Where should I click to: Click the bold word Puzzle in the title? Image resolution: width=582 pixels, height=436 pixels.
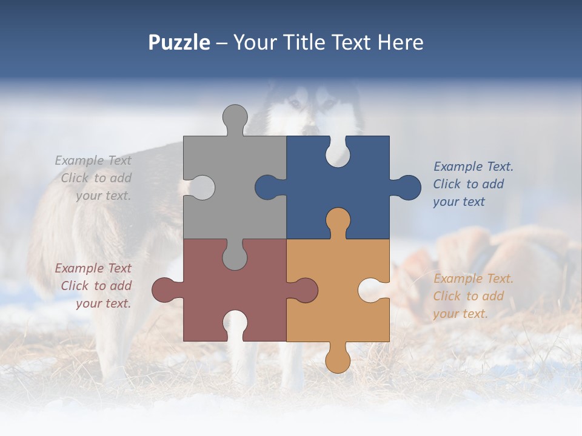tap(179, 43)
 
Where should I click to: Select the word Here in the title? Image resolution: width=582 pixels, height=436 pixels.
tap(400, 42)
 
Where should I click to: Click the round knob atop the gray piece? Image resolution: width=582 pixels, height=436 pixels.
tap(235, 117)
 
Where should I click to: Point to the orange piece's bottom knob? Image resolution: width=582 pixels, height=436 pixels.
tap(338, 360)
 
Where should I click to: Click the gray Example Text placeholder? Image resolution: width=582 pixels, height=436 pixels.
tap(94, 178)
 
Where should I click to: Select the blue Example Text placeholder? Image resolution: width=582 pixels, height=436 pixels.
tap(473, 184)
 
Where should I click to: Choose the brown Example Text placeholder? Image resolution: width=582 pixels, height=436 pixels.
tap(94, 286)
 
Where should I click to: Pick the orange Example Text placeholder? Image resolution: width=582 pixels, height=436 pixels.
tap(473, 296)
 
